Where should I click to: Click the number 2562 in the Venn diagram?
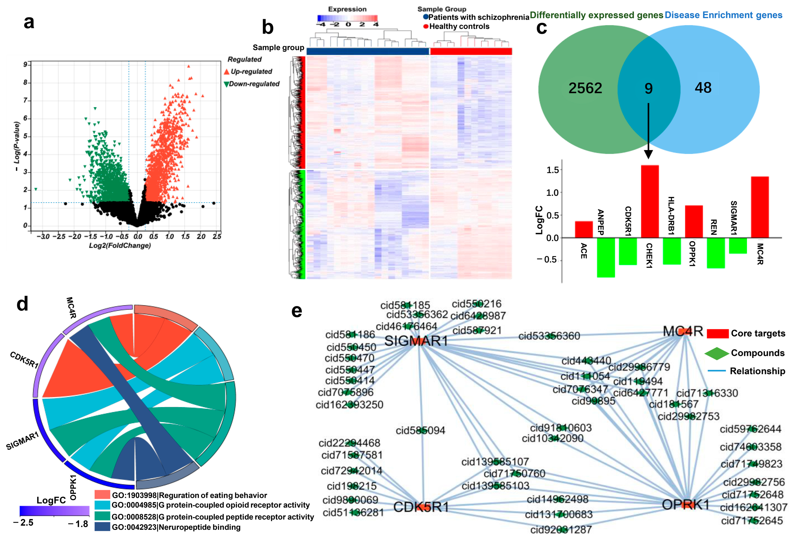[585, 88]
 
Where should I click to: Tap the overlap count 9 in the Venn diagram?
[648, 89]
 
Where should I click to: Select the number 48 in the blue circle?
[703, 88]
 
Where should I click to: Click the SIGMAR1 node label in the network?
[416, 341]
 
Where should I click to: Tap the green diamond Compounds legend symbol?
[716, 353]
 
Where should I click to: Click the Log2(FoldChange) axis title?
[120, 245]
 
